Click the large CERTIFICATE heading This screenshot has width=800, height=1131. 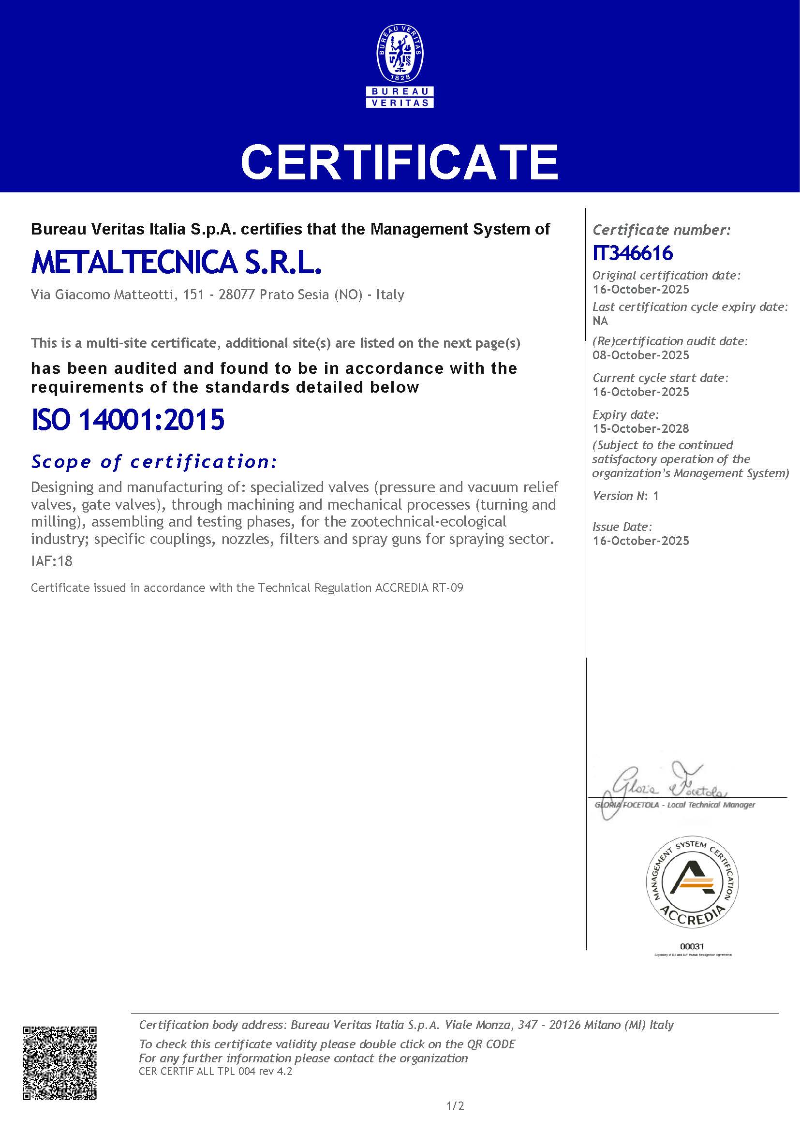click(400, 162)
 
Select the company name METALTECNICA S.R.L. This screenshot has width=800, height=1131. click(177, 263)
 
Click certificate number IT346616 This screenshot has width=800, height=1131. click(633, 253)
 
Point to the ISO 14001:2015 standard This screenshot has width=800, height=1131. click(128, 420)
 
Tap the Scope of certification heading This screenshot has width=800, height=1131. click(154, 462)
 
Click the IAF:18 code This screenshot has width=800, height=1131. click(52, 561)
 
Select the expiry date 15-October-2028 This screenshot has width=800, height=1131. click(640, 428)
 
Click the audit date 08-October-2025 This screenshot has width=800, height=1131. click(640, 355)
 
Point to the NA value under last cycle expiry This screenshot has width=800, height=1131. click(600, 321)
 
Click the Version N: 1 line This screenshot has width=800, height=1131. click(625, 496)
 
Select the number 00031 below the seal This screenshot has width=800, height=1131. click(692, 946)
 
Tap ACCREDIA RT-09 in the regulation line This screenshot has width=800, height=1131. click(419, 588)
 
